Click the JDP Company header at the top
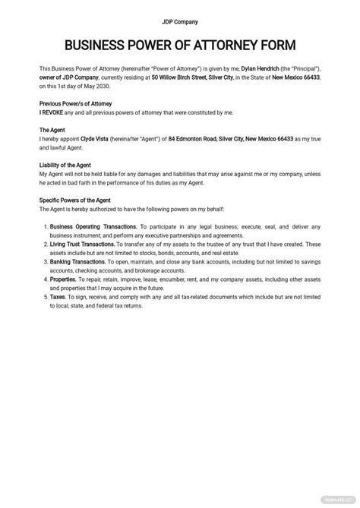coord(180,21)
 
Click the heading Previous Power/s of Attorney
coord(75,103)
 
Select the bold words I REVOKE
coord(52,112)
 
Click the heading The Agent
coord(53,131)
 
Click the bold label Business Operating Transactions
coord(94,226)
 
